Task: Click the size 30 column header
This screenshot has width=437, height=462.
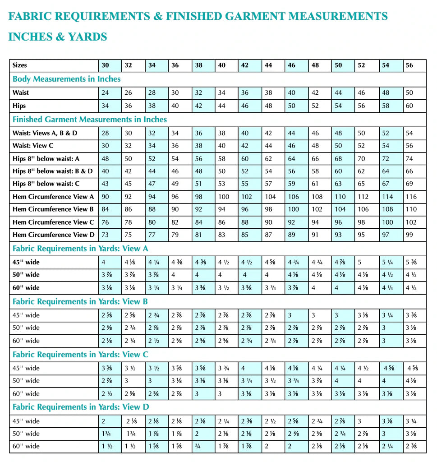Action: (105, 65)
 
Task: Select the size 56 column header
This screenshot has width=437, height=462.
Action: (409, 65)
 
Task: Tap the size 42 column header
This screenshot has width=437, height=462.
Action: (245, 65)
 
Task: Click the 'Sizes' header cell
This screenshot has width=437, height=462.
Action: (20, 65)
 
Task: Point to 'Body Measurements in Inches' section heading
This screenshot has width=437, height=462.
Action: (66, 79)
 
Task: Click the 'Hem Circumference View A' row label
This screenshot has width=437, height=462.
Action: (54, 197)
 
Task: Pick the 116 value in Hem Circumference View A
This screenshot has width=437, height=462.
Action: (412, 197)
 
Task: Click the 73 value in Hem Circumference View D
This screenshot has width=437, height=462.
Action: (105, 235)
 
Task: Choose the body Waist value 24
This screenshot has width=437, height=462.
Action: (105, 92)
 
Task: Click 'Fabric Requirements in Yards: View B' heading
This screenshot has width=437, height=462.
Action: (80, 301)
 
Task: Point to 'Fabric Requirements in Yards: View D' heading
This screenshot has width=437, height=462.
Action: (81, 407)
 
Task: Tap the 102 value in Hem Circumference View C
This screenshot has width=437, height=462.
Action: (412, 222)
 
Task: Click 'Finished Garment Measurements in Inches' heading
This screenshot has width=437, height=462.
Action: (90, 120)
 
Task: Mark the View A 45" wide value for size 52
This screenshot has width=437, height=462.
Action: (360, 262)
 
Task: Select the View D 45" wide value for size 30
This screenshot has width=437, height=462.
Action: (104, 421)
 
